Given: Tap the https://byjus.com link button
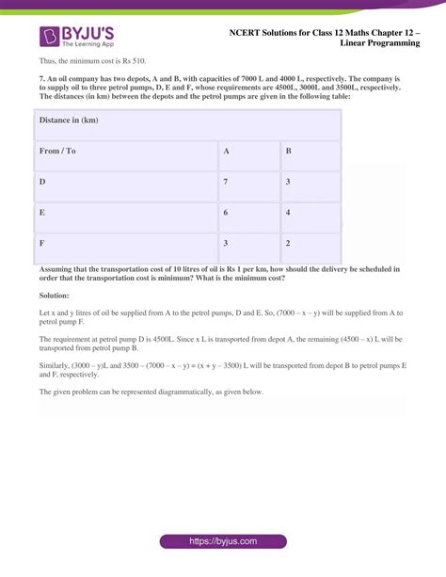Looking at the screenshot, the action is pyautogui.click(x=223, y=542).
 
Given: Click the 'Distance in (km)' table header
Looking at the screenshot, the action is pyautogui.click(x=69, y=120).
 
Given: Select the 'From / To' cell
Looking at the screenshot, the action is pyautogui.click(x=58, y=151).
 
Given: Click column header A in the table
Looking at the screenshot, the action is pyautogui.click(x=226, y=151).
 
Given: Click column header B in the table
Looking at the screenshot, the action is pyautogui.click(x=288, y=151).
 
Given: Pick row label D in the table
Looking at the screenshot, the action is pyautogui.click(x=42, y=181).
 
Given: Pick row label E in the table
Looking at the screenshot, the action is pyautogui.click(x=42, y=213).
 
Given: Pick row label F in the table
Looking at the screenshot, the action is pyautogui.click(x=42, y=243).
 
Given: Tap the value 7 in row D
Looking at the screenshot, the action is pyautogui.click(x=226, y=181).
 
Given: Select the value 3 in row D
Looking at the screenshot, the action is pyautogui.click(x=288, y=181).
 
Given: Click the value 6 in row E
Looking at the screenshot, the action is pyautogui.click(x=226, y=213).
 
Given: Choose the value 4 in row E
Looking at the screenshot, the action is pyautogui.click(x=288, y=213).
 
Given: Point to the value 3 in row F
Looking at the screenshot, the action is pyautogui.click(x=226, y=243).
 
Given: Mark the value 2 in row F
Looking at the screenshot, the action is pyautogui.click(x=288, y=243).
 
